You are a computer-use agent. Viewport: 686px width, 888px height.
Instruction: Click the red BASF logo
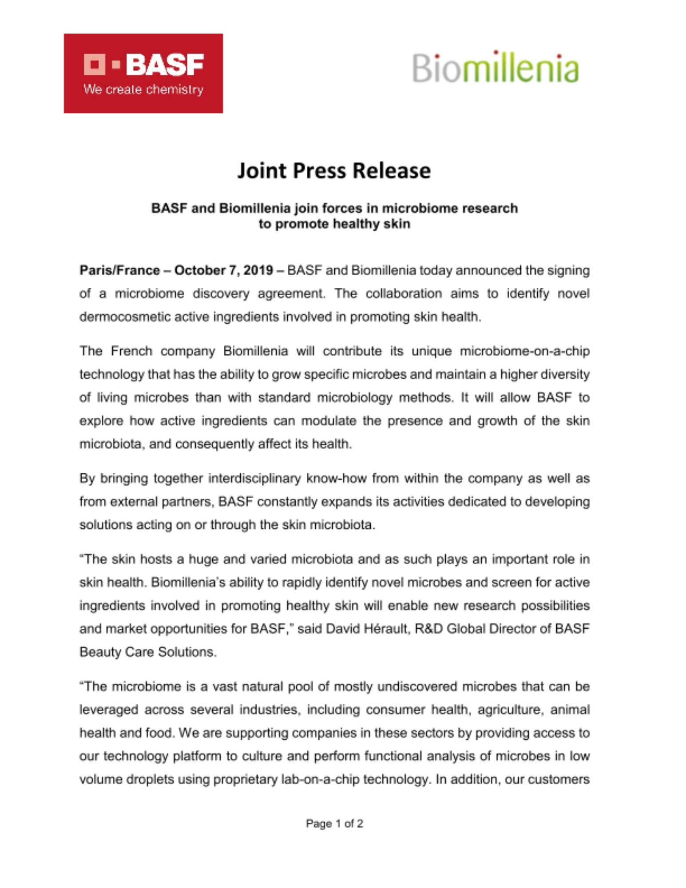click(143, 73)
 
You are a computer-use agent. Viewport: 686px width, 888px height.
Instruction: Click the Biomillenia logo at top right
click(495, 67)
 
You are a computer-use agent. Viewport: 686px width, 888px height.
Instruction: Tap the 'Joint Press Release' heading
click(334, 170)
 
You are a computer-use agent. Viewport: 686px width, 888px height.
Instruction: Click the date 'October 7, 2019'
click(223, 270)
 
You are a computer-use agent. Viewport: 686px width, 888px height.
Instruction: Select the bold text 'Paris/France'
click(119, 270)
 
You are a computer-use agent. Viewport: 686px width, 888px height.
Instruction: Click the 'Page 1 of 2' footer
click(334, 824)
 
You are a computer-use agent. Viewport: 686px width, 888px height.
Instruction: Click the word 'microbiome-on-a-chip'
click(524, 351)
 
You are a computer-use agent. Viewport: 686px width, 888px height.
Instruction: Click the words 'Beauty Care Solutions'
click(148, 652)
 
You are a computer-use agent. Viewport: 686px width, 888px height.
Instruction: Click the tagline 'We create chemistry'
click(143, 90)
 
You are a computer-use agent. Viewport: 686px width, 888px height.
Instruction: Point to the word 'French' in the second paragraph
click(131, 351)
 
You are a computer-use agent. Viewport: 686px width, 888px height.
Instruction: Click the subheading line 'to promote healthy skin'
click(334, 224)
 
